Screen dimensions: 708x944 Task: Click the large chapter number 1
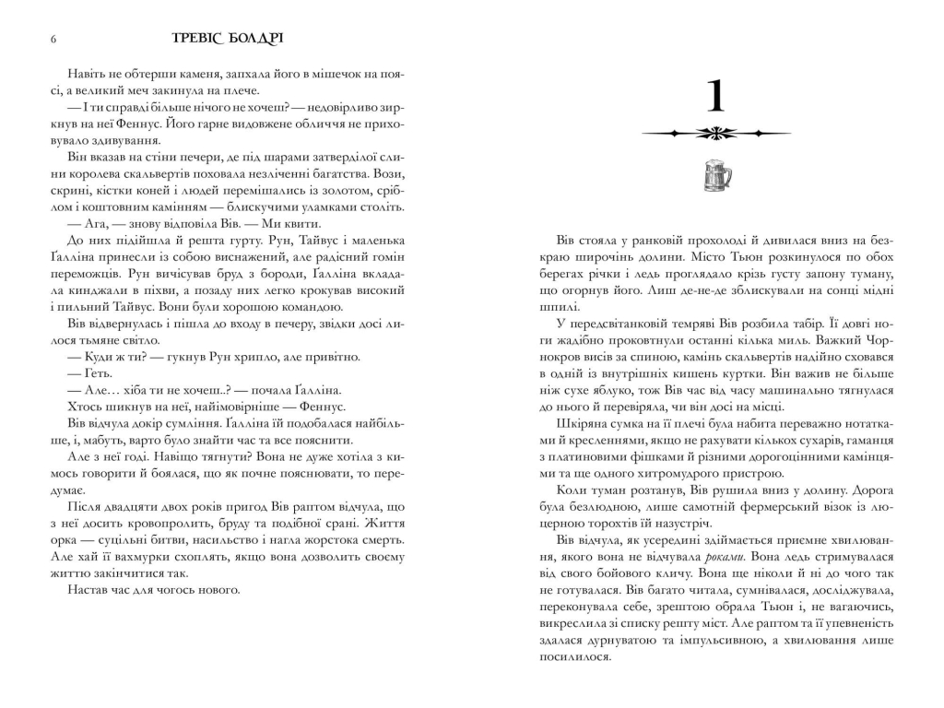pyautogui.click(x=716, y=98)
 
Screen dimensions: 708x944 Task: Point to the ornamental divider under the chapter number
pyautogui.click(x=716, y=134)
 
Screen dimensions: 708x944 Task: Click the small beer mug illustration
pyautogui.click(x=716, y=174)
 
